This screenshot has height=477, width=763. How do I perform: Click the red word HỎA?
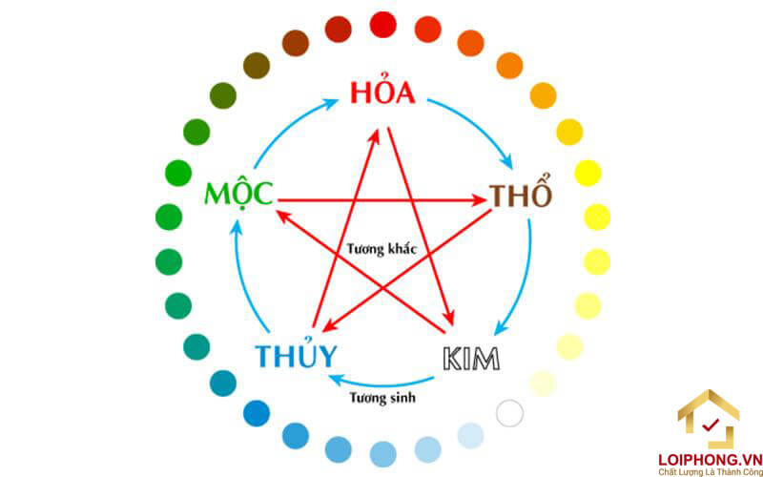click(x=382, y=93)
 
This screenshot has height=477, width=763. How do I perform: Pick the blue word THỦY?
click(x=296, y=356)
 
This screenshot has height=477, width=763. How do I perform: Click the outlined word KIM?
click(x=471, y=359)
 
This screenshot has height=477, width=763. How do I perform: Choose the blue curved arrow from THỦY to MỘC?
click(x=240, y=277)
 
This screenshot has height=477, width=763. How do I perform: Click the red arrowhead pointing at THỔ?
click(x=479, y=200)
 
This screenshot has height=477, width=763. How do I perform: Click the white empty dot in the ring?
click(x=510, y=413)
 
